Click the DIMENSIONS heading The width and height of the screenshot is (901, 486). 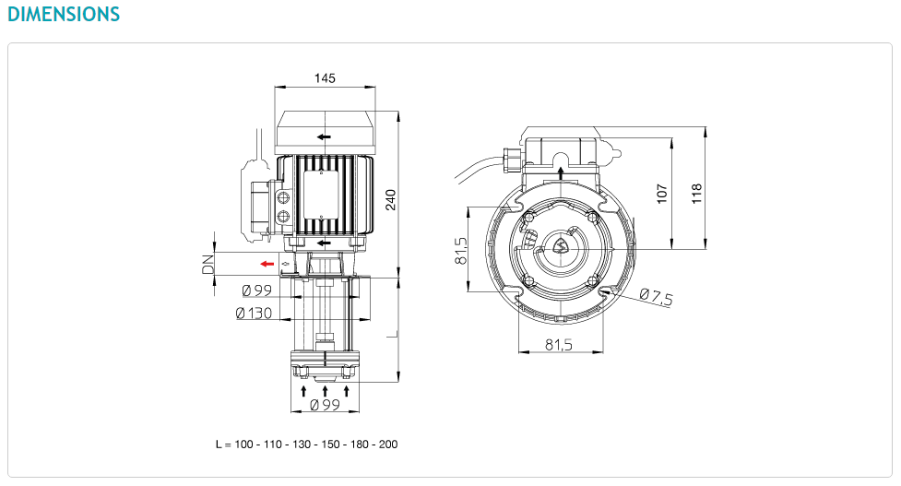(x=64, y=14)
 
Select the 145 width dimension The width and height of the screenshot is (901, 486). (x=325, y=78)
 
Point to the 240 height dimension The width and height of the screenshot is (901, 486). (x=391, y=199)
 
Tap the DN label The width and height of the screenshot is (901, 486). (x=207, y=265)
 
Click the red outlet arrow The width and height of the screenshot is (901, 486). (x=267, y=264)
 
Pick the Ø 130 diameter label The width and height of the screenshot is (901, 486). (x=254, y=313)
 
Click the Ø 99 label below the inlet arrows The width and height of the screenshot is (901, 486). (x=326, y=405)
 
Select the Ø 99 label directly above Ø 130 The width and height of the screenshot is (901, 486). (x=257, y=290)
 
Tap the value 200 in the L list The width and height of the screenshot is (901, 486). (x=388, y=445)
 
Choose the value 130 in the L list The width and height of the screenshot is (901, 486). (x=302, y=445)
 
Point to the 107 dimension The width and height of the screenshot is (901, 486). (x=662, y=194)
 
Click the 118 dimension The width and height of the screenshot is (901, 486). (x=696, y=194)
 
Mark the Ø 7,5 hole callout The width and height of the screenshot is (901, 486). (x=656, y=297)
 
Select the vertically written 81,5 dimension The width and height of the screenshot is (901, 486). (x=461, y=251)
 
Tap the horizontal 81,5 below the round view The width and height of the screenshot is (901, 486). (x=559, y=345)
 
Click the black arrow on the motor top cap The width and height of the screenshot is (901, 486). (x=324, y=136)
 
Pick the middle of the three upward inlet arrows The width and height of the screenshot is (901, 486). (x=326, y=391)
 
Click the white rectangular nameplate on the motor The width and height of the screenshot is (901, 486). (x=321, y=195)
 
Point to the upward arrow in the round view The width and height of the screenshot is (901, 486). (x=561, y=173)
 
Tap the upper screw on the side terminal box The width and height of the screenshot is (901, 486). (x=283, y=198)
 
